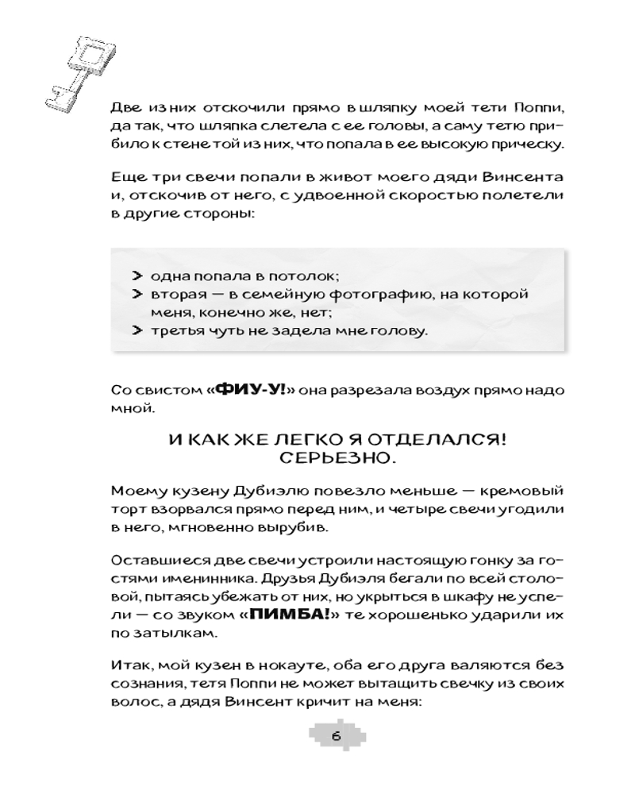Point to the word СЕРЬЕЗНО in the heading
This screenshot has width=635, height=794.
click(x=333, y=459)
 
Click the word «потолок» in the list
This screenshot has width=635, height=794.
click(x=309, y=276)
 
